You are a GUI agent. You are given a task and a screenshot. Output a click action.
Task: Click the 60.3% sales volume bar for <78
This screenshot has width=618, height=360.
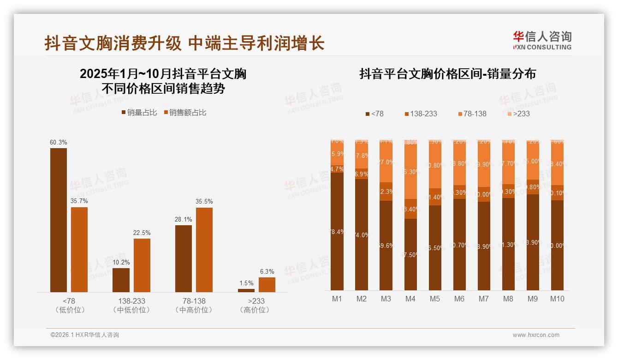(59, 220)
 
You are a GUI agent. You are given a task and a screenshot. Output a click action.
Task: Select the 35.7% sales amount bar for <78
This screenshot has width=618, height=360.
(79, 249)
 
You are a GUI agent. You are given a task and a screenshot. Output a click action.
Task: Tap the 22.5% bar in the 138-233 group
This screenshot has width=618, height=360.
(142, 265)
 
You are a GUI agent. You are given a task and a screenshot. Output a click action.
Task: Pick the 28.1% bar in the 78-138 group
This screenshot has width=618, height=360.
(184, 258)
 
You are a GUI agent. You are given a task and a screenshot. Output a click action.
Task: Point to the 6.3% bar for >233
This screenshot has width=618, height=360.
(267, 284)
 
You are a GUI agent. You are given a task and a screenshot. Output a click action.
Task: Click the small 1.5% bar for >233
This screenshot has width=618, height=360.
(246, 290)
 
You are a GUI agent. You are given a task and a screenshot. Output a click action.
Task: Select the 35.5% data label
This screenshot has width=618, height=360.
(204, 202)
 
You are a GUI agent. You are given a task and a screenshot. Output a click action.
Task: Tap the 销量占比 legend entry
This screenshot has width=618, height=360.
(139, 113)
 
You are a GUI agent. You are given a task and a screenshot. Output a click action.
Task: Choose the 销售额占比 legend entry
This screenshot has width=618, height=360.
(184, 113)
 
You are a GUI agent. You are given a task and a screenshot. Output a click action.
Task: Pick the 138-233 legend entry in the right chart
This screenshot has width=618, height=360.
(421, 114)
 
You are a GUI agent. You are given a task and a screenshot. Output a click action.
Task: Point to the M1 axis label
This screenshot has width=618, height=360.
(337, 299)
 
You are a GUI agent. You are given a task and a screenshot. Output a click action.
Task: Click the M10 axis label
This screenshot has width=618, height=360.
(557, 299)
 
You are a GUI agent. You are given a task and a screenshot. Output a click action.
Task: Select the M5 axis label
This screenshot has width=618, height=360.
(435, 299)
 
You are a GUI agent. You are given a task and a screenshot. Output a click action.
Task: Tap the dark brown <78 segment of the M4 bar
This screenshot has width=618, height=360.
(410, 254)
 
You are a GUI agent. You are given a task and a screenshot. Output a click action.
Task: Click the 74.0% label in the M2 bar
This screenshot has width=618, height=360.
(362, 235)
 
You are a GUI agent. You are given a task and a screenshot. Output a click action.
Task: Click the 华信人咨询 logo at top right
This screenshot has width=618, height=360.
(542, 40)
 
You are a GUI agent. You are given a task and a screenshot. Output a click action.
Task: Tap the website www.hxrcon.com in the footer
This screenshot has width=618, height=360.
(536, 335)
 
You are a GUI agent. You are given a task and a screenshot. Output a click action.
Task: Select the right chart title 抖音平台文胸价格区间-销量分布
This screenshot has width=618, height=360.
(447, 74)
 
